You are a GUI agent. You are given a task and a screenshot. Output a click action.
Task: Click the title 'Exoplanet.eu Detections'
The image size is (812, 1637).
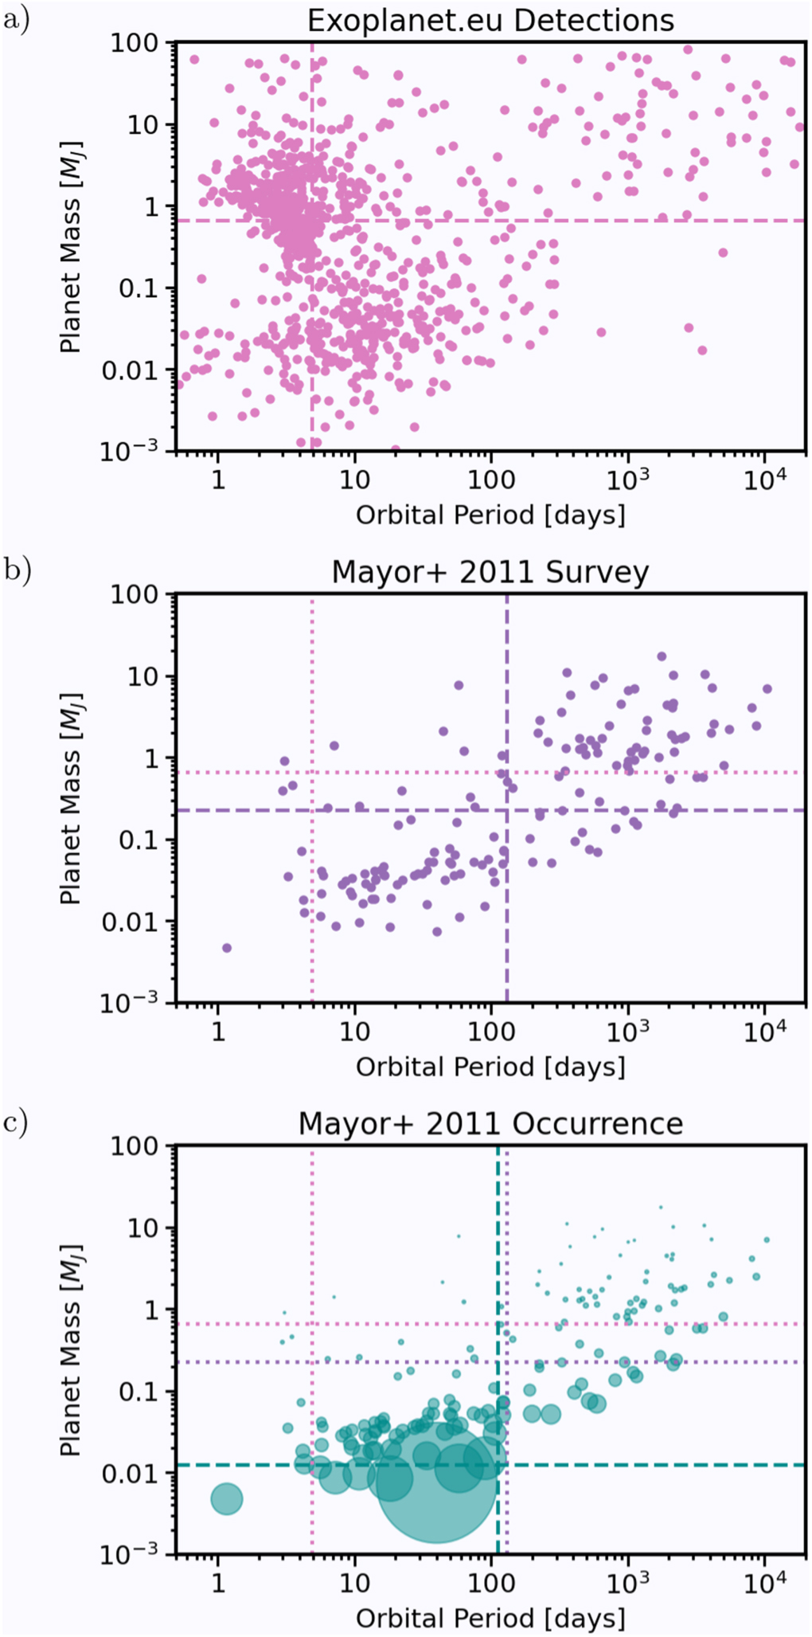[490, 20]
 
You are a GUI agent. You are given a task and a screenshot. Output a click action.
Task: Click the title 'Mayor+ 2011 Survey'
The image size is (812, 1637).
[490, 572]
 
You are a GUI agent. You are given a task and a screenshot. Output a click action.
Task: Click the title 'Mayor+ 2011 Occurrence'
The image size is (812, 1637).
[490, 1123]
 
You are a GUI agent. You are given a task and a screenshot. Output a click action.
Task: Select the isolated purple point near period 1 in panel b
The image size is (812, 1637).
[227, 948]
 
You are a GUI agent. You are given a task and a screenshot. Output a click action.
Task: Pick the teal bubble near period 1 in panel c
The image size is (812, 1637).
[227, 1499]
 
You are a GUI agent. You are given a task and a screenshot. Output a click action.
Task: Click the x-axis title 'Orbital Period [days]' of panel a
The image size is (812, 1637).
[490, 515]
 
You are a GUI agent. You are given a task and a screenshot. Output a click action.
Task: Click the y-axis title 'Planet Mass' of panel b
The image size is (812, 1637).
[72, 798]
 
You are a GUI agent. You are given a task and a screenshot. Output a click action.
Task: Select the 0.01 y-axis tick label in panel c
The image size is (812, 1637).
[132, 1474]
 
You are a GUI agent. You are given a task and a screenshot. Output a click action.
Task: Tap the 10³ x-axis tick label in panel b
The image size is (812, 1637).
[627, 1031]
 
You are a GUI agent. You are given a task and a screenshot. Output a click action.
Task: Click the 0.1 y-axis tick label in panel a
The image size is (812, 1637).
[141, 288]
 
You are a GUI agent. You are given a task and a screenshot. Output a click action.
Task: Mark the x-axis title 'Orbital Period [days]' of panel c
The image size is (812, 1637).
[490, 1618]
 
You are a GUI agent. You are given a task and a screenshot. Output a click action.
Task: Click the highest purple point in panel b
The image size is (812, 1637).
[662, 656]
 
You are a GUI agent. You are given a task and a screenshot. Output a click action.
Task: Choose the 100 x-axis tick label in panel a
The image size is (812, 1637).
[490, 480]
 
